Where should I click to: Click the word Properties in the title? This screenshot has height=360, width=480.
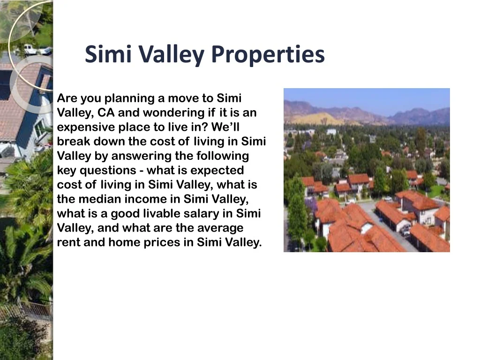(268, 54)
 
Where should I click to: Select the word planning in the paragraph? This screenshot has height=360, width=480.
(129, 98)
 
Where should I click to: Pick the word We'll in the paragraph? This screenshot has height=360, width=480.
(225, 127)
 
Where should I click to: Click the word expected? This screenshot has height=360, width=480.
(215, 171)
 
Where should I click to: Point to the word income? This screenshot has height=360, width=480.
(146, 199)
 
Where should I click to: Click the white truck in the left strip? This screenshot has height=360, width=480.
(37, 49)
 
